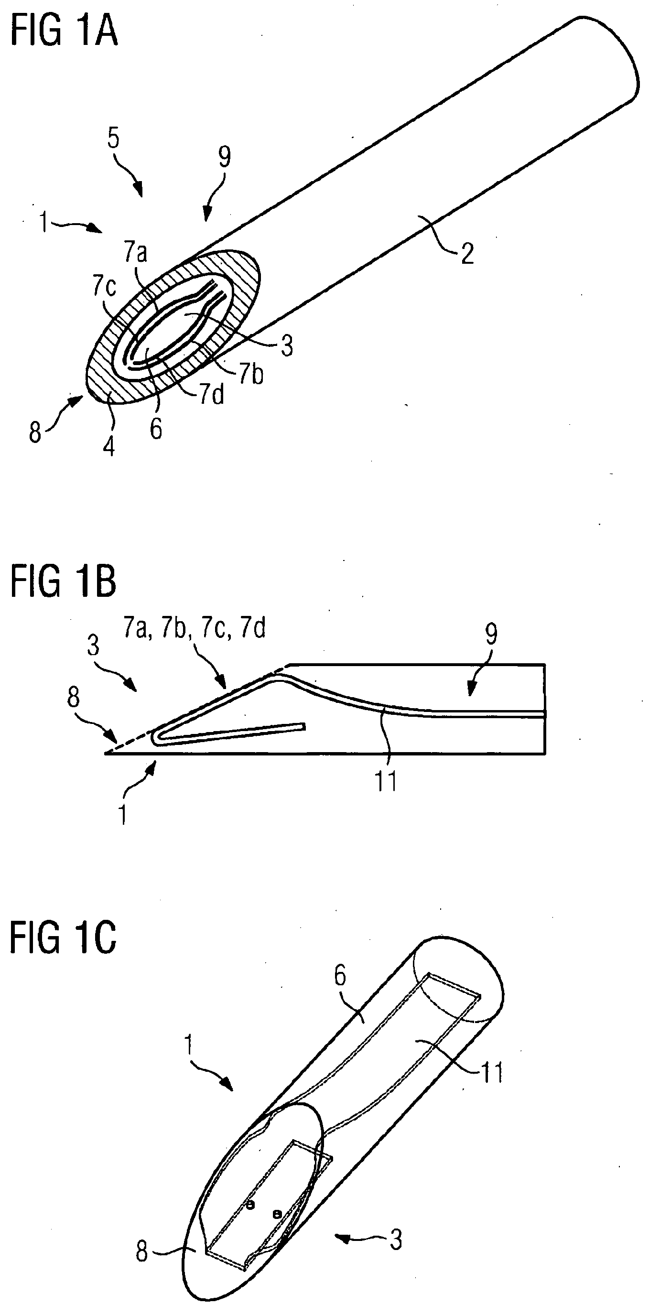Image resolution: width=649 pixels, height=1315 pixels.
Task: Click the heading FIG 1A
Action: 64,32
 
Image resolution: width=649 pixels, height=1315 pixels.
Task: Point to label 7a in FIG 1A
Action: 136,254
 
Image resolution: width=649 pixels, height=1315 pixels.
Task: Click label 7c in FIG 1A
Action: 104,287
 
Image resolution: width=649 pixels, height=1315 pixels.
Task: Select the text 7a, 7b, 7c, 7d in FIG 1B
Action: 194,630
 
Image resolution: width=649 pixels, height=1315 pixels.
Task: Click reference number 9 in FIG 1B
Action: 491,635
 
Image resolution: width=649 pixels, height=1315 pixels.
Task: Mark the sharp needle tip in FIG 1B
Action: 106,753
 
